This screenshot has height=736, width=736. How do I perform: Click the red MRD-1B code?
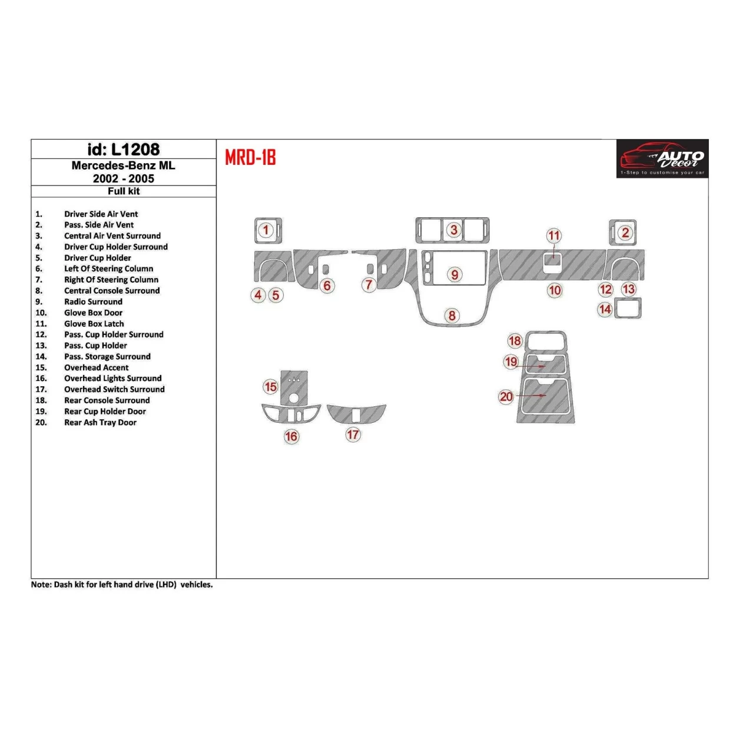(x=250, y=158)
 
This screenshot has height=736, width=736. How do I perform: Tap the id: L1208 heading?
(x=124, y=150)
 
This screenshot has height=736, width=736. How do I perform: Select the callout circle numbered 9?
(x=455, y=274)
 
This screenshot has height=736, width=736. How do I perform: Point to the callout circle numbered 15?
(x=270, y=387)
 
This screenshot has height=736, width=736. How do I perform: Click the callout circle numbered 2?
(x=625, y=233)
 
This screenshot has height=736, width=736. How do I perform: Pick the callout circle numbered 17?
(x=353, y=435)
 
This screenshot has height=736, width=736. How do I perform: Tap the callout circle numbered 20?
(x=506, y=396)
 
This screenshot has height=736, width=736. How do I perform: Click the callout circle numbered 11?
(x=554, y=236)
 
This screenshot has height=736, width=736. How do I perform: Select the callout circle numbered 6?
(x=327, y=286)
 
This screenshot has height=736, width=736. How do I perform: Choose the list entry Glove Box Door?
(x=93, y=313)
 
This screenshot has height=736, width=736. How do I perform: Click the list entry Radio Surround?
(x=93, y=301)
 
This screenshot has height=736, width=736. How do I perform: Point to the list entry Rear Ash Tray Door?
(x=100, y=422)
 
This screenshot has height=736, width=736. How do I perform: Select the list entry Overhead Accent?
(x=96, y=367)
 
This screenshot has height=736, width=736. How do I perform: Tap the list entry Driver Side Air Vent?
(x=101, y=214)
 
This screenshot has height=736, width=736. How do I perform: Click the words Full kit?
(x=124, y=191)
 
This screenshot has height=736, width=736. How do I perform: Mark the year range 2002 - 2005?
(x=124, y=178)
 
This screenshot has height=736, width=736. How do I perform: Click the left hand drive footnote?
(x=122, y=585)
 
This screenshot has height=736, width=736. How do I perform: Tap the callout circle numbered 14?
(x=605, y=309)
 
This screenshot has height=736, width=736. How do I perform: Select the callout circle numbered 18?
(x=515, y=340)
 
